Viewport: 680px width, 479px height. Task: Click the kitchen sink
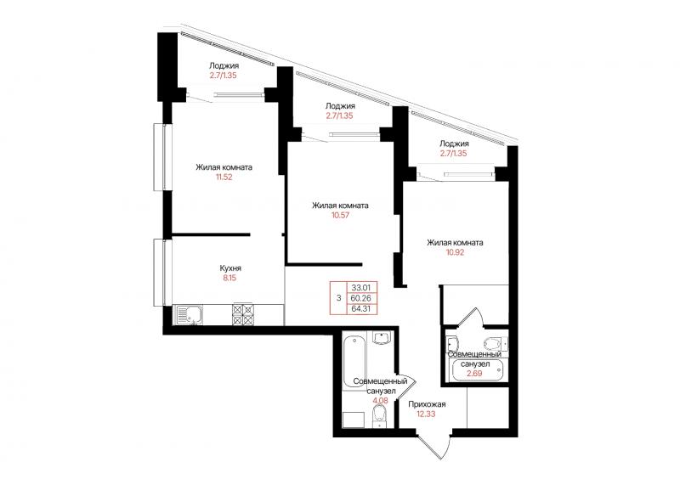coord(188,315)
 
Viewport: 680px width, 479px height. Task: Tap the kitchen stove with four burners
coord(243,315)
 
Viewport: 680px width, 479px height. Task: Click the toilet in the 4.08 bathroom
coord(380,416)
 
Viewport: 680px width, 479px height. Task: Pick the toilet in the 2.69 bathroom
coord(496,343)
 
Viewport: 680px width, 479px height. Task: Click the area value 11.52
coord(224,177)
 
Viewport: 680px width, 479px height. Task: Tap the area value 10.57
coord(341,215)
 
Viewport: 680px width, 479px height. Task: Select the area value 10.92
coord(455,252)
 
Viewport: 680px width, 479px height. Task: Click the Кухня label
coord(230,268)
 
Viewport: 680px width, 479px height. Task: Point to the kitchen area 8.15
coord(229,279)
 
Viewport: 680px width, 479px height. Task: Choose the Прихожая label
coord(427,404)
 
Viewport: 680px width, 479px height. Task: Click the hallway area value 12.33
coord(427,414)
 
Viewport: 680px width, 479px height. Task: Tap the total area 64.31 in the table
coord(361,309)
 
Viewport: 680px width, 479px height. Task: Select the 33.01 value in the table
coord(361,287)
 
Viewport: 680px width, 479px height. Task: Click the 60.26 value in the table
coord(361,298)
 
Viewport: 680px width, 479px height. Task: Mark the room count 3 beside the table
coord(338,298)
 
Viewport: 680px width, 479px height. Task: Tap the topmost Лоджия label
coord(224,66)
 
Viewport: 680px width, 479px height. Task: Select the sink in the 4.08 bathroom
coord(382,338)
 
